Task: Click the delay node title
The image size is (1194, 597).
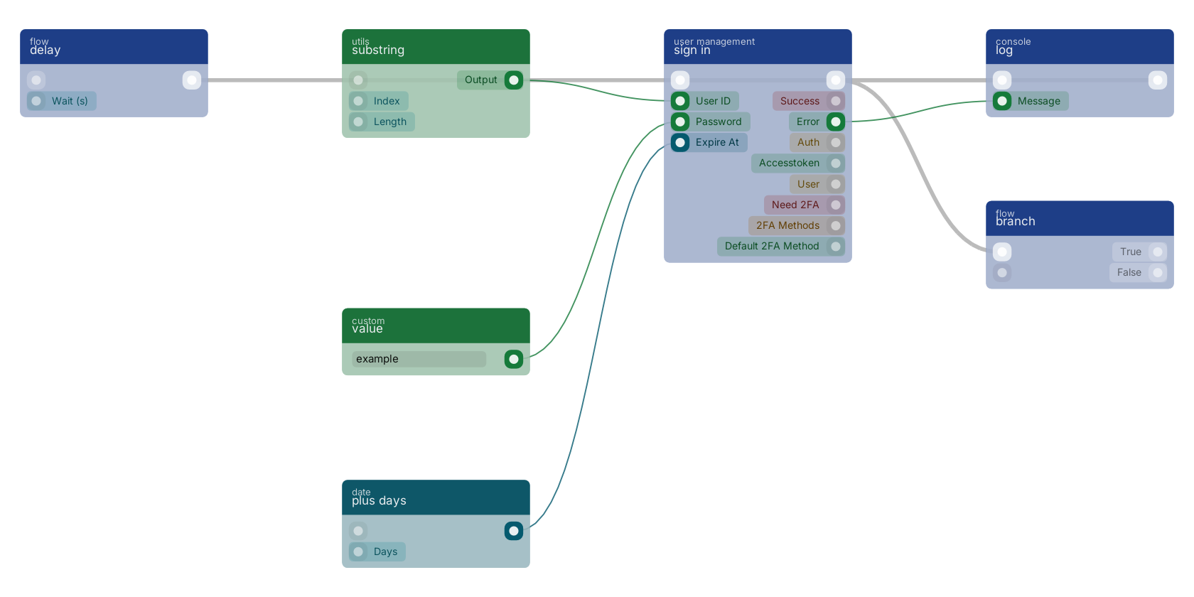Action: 45,50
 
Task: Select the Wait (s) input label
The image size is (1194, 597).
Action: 70,101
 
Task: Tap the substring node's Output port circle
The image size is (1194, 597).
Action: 514,80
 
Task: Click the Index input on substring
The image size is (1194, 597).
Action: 387,101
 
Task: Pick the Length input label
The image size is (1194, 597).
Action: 390,122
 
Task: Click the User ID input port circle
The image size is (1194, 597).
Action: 680,101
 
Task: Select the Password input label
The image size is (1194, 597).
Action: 719,122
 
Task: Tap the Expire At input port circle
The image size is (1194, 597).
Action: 680,142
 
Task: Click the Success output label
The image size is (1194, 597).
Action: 800,101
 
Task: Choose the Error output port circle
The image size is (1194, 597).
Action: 836,122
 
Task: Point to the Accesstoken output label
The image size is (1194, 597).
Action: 789,163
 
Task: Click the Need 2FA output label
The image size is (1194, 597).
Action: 795,205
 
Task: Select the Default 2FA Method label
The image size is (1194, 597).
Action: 772,246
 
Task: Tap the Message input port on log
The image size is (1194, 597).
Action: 1002,101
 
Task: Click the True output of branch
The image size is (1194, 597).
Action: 1158,252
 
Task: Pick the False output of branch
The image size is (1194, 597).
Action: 1158,272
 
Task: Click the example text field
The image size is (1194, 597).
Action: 419,359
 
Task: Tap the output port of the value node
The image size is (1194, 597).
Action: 514,359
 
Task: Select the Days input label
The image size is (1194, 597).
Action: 385,552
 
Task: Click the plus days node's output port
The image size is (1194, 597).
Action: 514,531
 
